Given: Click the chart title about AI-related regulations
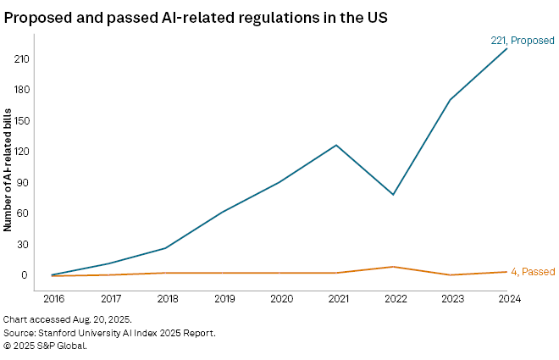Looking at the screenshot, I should pos(196,17).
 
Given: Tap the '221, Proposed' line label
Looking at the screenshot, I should pos(523,40).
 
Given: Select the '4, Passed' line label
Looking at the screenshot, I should pos(532,272).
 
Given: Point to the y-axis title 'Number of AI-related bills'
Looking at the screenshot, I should pos(8,169).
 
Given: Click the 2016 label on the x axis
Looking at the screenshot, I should pos(53,298).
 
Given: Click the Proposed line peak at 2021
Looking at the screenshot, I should pos(336,145).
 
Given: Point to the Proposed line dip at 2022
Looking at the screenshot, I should pos(393,195).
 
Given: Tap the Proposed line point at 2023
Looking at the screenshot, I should pos(450,100).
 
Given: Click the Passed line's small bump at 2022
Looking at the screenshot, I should pos(393,267).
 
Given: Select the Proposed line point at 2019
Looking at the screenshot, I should pos(223,211).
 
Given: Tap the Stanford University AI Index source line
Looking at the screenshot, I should pos(109,333).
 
